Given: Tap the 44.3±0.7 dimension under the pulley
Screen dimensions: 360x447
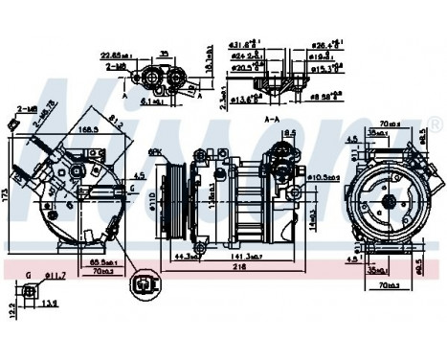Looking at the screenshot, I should click(x=188, y=257).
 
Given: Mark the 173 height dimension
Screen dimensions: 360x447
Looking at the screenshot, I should click(x=6, y=196).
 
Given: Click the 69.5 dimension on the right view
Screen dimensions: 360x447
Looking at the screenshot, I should click(x=418, y=266).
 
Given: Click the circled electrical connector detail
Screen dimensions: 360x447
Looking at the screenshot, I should click(x=145, y=283).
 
